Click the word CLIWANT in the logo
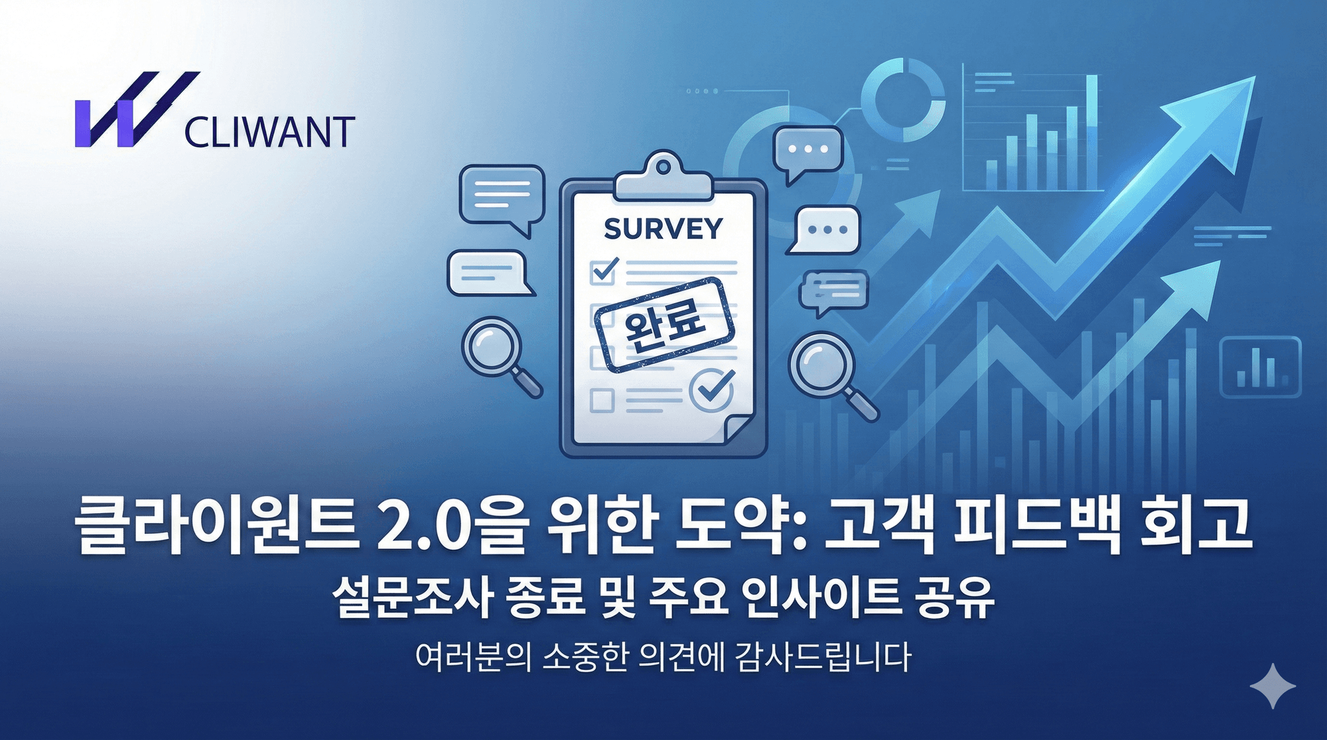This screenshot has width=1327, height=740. coord(269,133)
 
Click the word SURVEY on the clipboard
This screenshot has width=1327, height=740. coord(663,229)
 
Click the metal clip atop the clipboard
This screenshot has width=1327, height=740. coord(663,178)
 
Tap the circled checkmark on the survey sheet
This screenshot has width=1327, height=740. coord(712,390)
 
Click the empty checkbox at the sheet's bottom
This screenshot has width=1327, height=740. coord(602,401)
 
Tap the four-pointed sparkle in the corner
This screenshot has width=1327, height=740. coord(1273,686)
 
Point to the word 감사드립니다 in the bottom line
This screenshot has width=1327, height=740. coord(823,658)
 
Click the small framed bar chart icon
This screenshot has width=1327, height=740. coord(1260,367)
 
